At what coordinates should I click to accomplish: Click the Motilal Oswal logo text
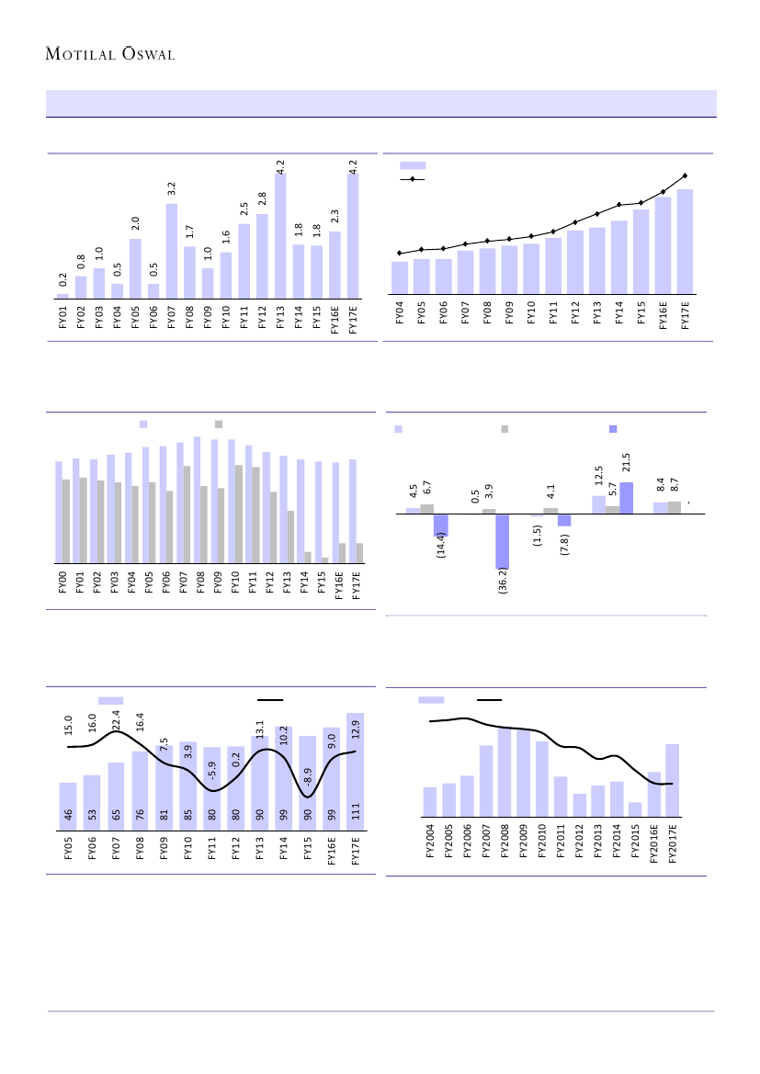pos(110,53)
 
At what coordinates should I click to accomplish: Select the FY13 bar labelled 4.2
pos(280,235)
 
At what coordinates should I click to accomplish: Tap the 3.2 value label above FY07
pos(172,187)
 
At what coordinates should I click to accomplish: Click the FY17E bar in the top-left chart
pos(353,235)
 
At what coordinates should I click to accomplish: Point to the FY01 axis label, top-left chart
pos(63,317)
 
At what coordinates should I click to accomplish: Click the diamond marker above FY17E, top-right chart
pos(685,175)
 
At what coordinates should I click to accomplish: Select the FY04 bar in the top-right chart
pos(400,277)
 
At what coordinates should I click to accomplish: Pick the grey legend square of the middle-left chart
pos(219,424)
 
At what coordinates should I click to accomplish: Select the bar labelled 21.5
pos(626,497)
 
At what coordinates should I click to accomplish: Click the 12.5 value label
pos(598,480)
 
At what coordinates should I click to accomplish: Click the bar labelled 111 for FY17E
pos(355,763)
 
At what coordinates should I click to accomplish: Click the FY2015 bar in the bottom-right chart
pos(635,808)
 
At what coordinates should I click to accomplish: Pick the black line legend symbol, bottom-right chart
pos(489,700)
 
